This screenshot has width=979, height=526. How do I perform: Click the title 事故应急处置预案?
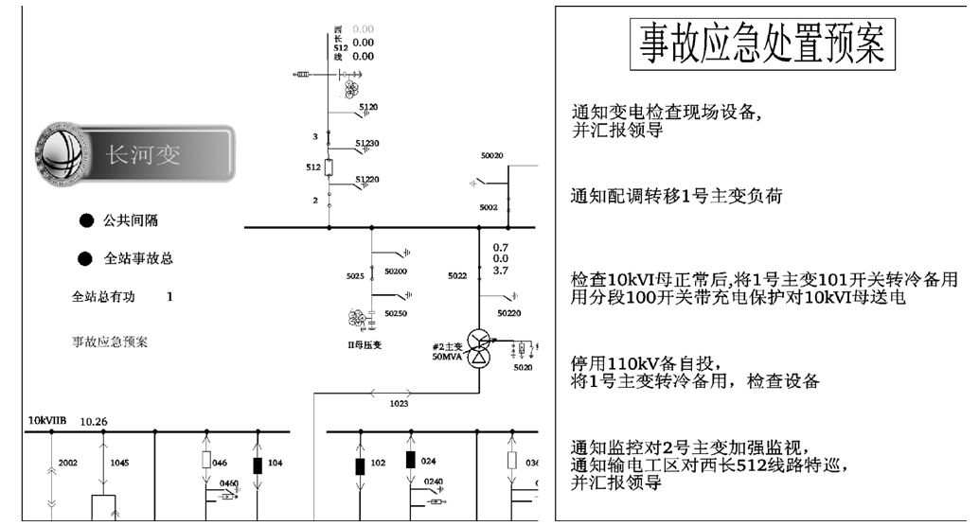click(761, 44)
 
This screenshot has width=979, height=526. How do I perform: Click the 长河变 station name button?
click(142, 154)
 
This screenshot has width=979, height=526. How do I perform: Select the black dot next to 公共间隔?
click(86, 221)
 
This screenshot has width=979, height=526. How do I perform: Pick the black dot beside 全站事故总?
click(86, 257)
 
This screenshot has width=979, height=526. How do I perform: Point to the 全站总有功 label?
click(103, 296)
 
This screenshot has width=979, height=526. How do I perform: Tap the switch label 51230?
click(366, 143)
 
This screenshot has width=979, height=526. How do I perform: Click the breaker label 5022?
click(457, 276)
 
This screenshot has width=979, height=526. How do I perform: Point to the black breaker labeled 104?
click(257, 465)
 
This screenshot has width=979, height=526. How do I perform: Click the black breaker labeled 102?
click(360, 465)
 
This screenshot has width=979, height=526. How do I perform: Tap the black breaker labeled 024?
click(411, 460)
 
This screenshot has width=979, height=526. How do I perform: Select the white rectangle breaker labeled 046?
click(206, 461)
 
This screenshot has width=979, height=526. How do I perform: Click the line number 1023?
click(400, 403)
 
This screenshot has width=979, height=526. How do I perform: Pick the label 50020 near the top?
click(491, 155)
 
